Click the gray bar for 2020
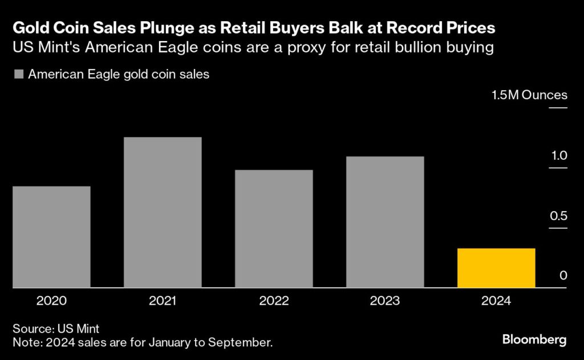tap(51, 237)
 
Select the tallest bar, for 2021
tap(163, 212)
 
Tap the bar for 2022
tap(274, 229)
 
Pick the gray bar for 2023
tap(385, 222)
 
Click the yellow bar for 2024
tap(496, 268)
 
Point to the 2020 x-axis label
tap(51, 301)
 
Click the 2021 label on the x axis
tap(163, 301)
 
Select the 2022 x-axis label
tap(274, 301)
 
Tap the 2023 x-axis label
tap(385, 301)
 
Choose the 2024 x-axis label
tap(496, 301)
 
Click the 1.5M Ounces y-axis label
tap(530, 95)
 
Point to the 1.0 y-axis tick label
tap(559, 155)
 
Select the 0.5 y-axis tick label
tap(559, 216)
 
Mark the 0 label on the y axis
tap(563, 276)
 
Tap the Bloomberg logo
tap(534, 340)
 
